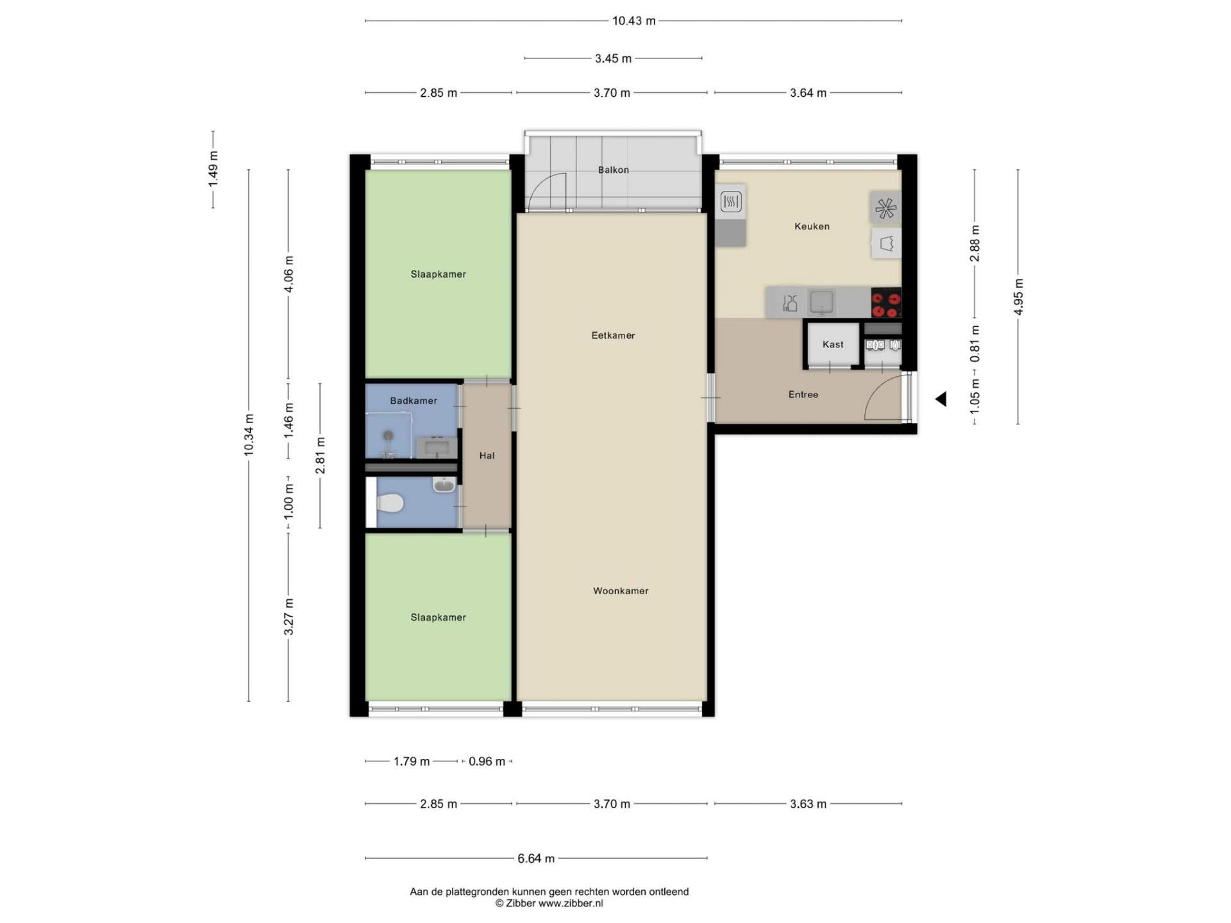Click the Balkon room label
(x=613, y=170)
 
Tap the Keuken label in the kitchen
(x=812, y=226)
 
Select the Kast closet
(x=833, y=344)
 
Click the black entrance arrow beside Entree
(x=941, y=399)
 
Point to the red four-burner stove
(x=886, y=303)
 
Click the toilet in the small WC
(x=389, y=503)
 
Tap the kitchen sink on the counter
(x=821, y=302)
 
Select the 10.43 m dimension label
(x=633, y=21)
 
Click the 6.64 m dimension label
(x=536, y=858)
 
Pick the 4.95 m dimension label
(x=1018, y=297)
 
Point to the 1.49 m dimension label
(x=213, y=169)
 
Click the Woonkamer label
(x=621, y=591)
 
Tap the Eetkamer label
(x=613, y=335)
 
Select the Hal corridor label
(x=487, y=456)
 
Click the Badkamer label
(x=414, y=401)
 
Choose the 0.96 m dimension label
(x=487, y=761)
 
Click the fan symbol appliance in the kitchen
(x=885, y=208)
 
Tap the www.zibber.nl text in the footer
(x=571, y=903)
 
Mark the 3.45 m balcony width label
(x=613, y=58)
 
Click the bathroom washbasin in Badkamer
(x=437, y=447)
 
